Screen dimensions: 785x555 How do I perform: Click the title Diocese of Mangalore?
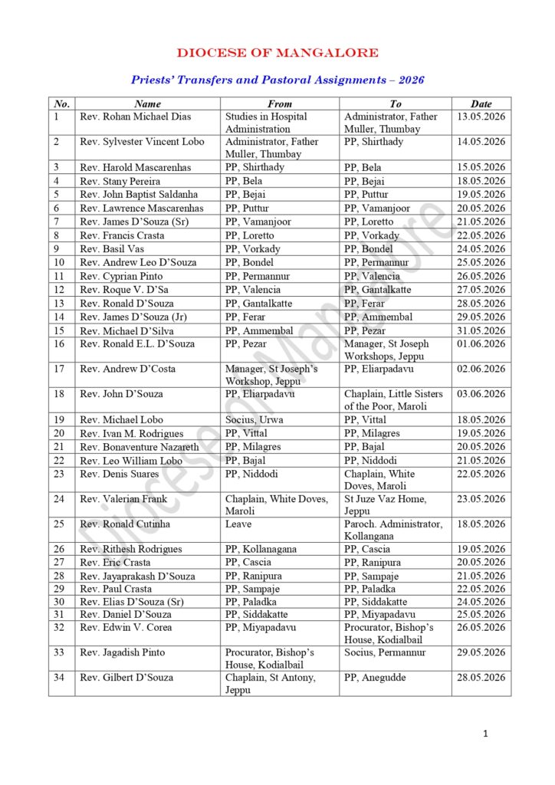[x=277, y=53]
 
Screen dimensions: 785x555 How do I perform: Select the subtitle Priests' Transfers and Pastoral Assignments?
[x=277, y=80]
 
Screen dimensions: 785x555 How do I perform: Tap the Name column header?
[x=147, y=103]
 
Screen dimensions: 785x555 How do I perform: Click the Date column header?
[x=481, y=103]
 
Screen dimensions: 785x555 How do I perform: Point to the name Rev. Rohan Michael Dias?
[x=135, y=117]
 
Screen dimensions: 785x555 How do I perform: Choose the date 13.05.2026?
[x=481, y=117]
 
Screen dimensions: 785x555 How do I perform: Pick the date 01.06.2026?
[x=481, y=344]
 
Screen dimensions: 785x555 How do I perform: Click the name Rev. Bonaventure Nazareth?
[x=140, y=447]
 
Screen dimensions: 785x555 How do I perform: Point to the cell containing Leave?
[x=238, y=524]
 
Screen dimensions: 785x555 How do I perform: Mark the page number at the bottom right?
[x=485, y=734]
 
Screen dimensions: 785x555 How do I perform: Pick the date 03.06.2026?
[x=481, y=394]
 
